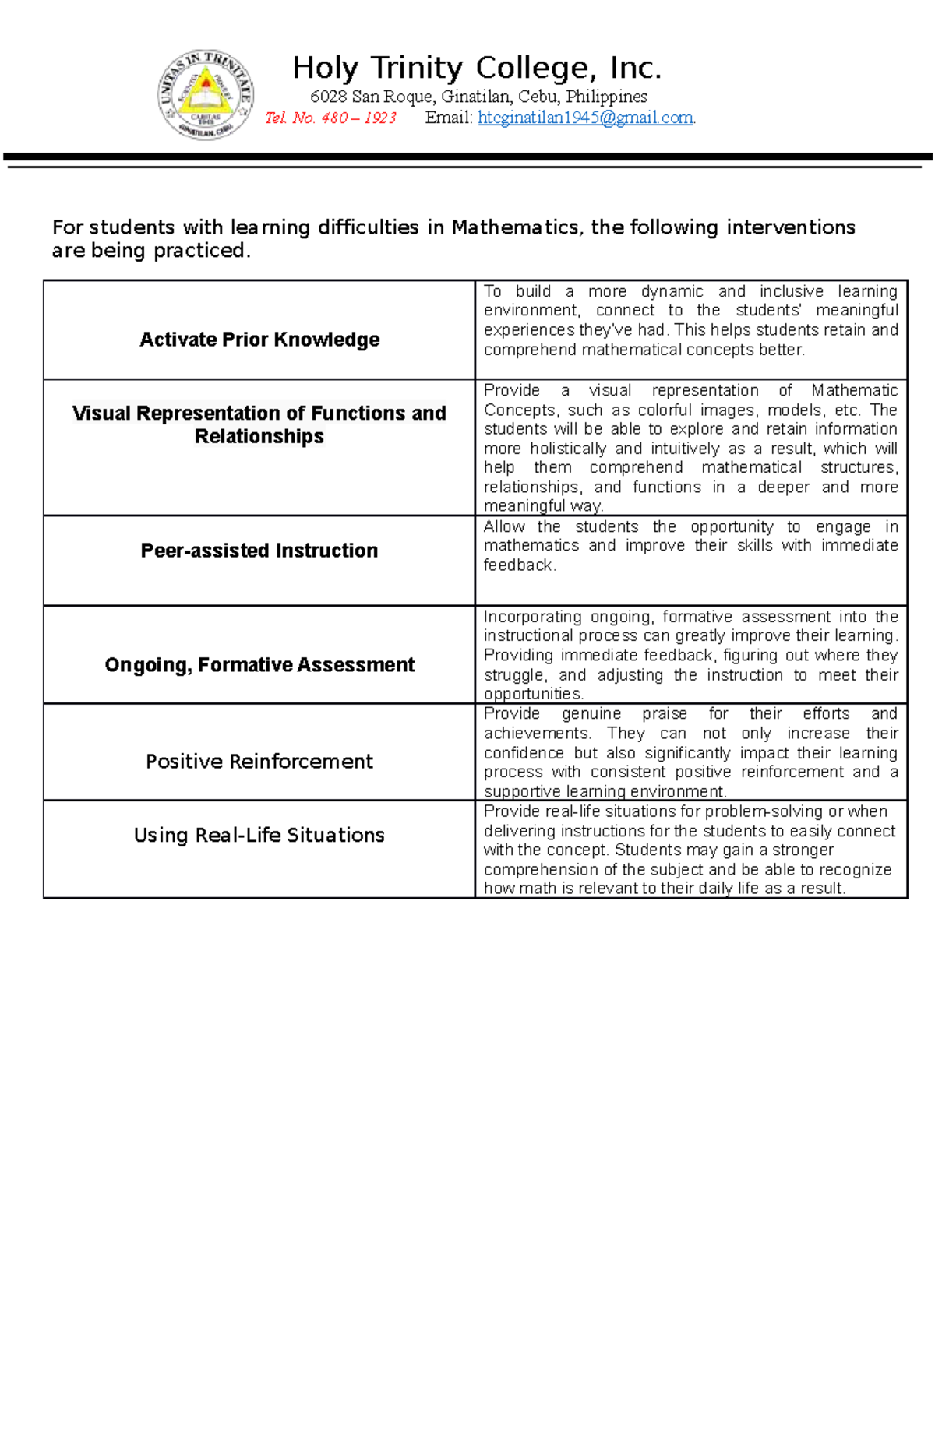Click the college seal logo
(x=206, y=95)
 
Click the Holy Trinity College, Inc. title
(x=477, y=68)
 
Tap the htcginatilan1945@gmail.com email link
(x=585, y=118)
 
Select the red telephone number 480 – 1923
(x=359, y=118)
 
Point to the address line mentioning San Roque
(x=478, y=97)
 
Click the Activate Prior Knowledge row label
(x=259, y=340)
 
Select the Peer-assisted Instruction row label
(x=259, y=551)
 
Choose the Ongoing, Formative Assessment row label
(x=259, y=665)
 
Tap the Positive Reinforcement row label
(x=259, y=762)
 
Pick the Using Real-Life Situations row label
(x=259, y=836)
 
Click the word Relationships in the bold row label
(x=259, y=437)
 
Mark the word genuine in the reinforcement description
(x=591, y=713)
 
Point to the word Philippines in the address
(x=606, y=97)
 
